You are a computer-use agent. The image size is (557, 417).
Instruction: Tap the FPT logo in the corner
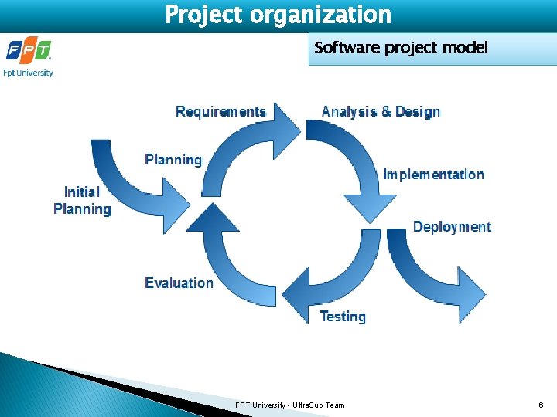click(x=29, y=51)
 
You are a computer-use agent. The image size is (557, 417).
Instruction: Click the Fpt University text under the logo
click(x=29, y=73)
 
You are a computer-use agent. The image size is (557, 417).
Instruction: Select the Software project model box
click(x=401, y=49)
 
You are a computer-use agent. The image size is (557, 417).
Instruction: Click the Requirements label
click(x=220, y=112)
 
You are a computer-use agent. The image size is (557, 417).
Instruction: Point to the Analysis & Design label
click(x=381, y=112)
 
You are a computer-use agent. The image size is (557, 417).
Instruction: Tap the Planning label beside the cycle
click(x=173, y=160)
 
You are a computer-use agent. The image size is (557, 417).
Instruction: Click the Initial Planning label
click(x=82, y=200)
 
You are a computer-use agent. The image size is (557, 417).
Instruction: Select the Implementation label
click(x=433, y=175)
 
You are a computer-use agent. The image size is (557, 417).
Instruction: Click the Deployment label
click(x=452, y=227)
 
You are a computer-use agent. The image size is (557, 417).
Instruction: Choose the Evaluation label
click(x=179, y=283)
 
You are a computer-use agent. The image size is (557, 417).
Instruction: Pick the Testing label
click(x=343, y=317)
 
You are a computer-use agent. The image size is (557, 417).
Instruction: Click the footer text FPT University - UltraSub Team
click(x=290, y=405)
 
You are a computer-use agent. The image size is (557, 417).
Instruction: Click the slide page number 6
click(x=540, y=405)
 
